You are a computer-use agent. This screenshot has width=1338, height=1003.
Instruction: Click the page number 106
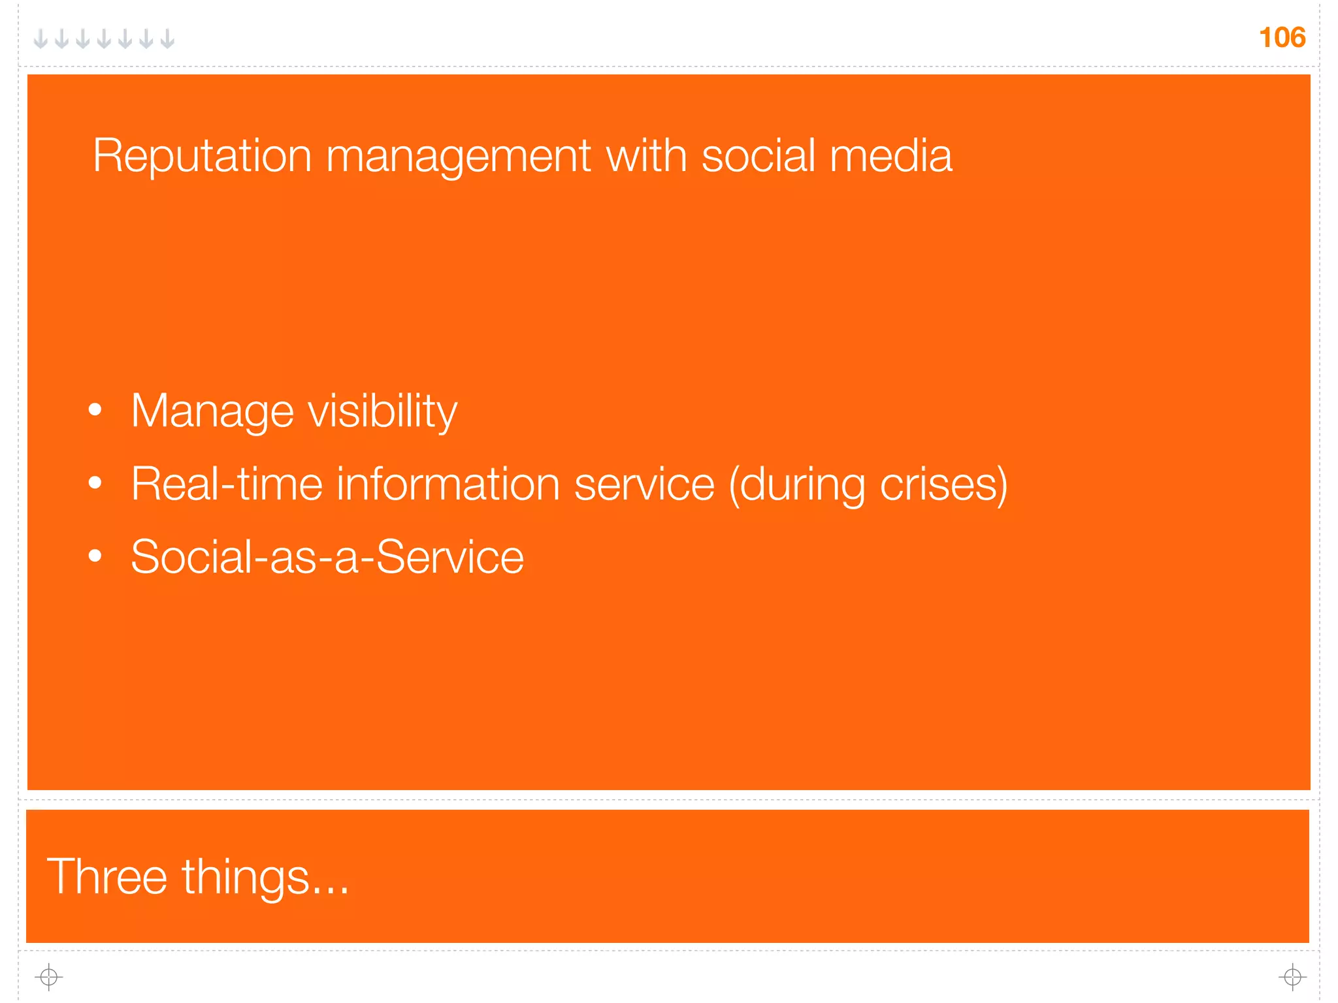point(1282,38)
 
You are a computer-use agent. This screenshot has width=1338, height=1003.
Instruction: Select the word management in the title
point(458,157)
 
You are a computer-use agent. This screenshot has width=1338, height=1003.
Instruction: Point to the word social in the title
point(759,157)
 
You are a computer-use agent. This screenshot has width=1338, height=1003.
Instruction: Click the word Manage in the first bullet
point(212,412)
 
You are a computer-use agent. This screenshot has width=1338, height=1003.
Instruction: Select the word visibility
point(382,412)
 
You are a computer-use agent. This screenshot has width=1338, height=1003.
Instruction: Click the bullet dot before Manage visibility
point(95,410)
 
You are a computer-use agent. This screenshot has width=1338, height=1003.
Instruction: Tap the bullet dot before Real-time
point(95,483)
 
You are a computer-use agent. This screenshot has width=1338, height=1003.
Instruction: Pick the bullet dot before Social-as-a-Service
point(95,556)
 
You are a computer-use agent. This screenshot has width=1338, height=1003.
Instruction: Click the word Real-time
point(227,485)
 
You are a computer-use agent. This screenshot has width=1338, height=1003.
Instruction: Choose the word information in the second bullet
point(448,485)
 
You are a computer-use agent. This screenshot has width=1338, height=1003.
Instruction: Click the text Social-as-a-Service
point(327,557)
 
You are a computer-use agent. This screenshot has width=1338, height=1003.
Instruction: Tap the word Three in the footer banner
point(107,877)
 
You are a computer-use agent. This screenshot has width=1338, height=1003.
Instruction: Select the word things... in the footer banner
point(265,877)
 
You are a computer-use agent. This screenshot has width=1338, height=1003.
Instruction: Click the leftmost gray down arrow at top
point(41,39)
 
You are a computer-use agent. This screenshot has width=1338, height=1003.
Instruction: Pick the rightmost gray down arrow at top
point(167,39)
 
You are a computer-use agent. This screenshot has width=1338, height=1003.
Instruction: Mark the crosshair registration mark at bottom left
point(49,977)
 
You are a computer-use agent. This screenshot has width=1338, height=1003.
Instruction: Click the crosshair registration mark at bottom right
point(1292,977)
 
